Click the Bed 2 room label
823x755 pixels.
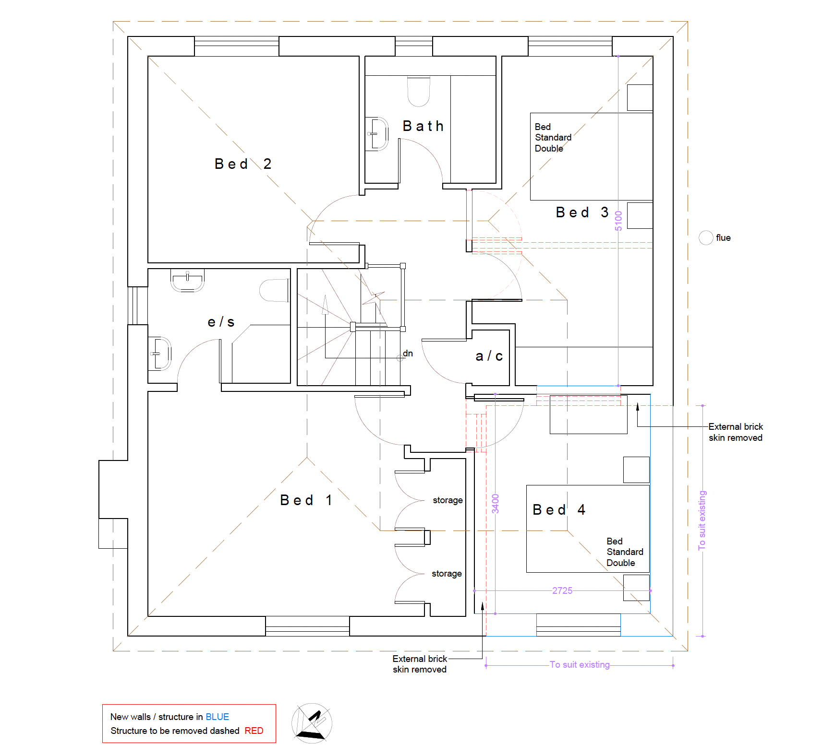click(x=243, y=164)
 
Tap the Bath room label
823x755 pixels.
click(x=423, y=126)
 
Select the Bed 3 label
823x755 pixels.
click(x=582, y=212)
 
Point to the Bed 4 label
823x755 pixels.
click(x=559, y=509)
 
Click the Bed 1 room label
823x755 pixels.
click(x=306, y=500)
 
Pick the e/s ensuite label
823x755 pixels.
click(x=221, y=322)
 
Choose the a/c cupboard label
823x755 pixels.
click(x=489, y=356)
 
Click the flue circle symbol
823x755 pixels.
click(x=706, y=237)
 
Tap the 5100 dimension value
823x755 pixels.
click(x=618, y=221)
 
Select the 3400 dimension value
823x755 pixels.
click(x=496, y=504)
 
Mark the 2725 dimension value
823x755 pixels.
click(x=562, y=590)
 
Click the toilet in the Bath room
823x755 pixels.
click(x=419, y=91)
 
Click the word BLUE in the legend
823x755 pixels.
click(x=218, y=717)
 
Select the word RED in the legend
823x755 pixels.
click(x=254, y=731)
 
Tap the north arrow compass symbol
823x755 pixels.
click(x=312, y=723)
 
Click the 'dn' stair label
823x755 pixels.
click(x=408, y=354)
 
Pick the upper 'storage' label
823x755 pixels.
click(x=448, y=500)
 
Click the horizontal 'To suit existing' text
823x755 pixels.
click(x=580, y=665)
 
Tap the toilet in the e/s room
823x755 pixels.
click(x=275, y=290)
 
